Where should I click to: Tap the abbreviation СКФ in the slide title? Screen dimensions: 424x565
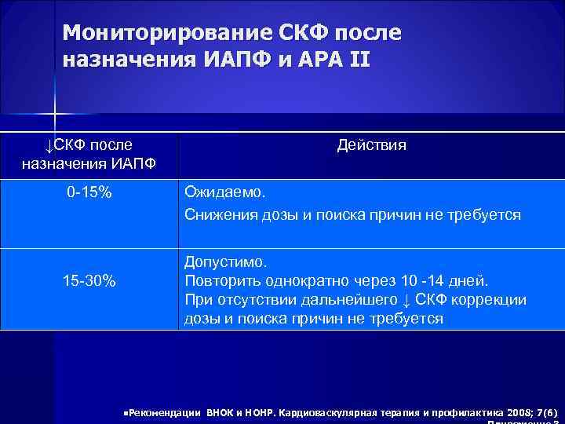point(310,33)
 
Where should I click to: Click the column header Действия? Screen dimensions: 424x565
point(371,145)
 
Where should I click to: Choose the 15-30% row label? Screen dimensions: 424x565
point(89,281)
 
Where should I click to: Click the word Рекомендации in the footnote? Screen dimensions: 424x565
point(164,411)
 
